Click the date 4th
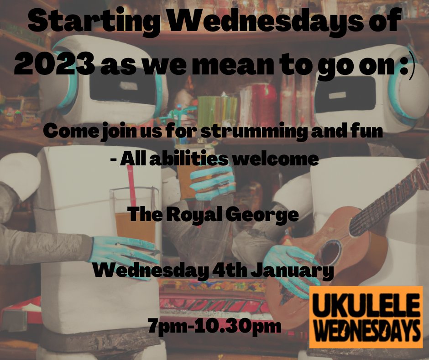[228, 271]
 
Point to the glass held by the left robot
[132, 219]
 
